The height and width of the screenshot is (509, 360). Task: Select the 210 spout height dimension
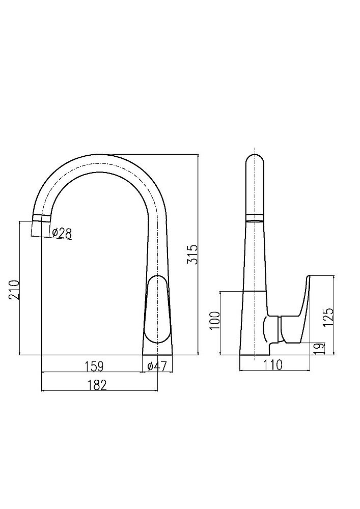15,289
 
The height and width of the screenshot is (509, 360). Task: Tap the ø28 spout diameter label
61,233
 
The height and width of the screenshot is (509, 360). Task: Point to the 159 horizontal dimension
94,366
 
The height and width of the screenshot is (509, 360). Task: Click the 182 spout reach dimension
97,385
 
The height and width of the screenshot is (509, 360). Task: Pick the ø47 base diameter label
157,366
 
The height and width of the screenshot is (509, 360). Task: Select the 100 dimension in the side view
215,320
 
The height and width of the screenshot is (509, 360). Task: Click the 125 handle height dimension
328,317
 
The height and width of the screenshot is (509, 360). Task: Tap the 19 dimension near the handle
320,348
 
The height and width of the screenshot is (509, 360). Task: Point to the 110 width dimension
273,364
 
